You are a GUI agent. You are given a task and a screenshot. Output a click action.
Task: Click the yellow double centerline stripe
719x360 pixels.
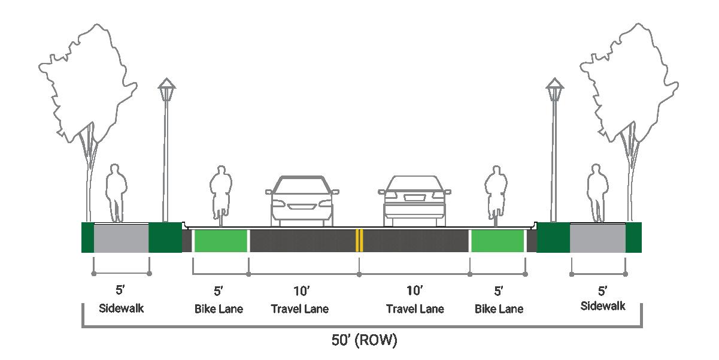click(359, 240)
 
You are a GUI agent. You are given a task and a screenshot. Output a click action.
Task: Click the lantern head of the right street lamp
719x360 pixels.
click(555, 90)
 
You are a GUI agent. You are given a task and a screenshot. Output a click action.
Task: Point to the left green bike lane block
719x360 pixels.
click(221, 240)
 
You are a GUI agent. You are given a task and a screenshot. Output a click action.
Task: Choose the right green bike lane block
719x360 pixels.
click(497, 240)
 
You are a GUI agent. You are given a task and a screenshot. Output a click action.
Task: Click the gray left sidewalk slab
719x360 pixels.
click(121, 238)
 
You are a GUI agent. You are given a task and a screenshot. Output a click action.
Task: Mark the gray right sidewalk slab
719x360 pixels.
click(597, 238)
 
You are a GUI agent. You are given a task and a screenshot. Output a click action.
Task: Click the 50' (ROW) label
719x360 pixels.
click(364, 341)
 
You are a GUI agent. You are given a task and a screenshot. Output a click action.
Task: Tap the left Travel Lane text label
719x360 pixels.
click(300, 309)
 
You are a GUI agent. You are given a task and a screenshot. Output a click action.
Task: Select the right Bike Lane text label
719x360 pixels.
click(499, 309)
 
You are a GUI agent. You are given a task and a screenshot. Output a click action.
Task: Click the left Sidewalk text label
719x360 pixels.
click(122, 309)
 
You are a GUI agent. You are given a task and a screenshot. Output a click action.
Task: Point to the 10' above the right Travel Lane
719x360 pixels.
click(415, 292)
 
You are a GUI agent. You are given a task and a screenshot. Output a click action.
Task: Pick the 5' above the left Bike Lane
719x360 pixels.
click(219, 292)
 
